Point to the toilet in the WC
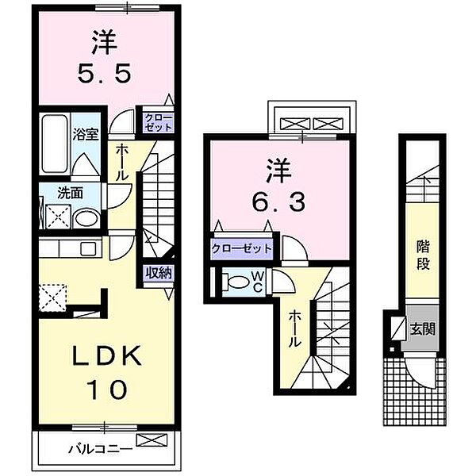click(x=239, y=282)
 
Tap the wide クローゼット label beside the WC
click(x=242, y=248)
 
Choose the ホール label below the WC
click(x=294, y=328)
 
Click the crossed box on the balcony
click(x=148, y=441)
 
